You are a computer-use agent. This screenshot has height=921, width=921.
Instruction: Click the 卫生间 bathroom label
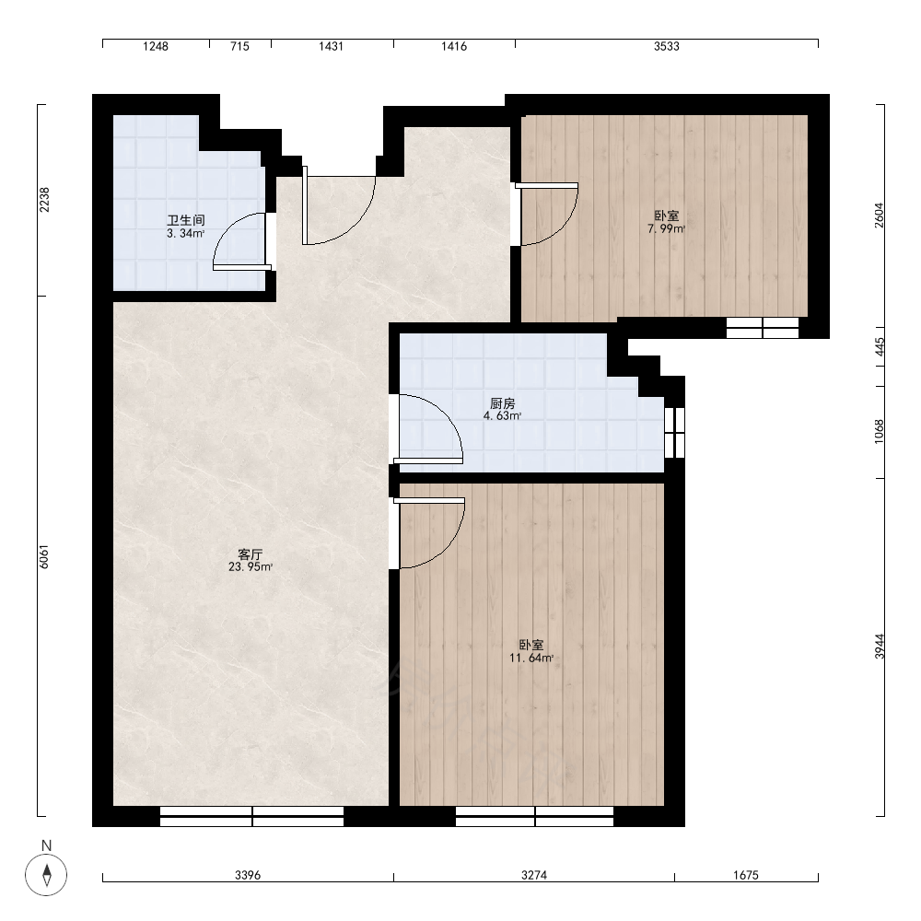186,221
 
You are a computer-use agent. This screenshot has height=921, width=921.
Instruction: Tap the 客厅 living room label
251,554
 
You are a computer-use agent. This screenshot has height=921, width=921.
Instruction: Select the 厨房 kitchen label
502,404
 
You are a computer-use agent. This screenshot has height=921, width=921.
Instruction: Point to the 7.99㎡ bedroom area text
666,229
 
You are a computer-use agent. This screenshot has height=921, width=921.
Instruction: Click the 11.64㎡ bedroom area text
531,658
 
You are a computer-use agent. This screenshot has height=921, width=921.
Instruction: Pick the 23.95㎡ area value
251,566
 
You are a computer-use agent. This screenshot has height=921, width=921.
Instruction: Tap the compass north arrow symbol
46,875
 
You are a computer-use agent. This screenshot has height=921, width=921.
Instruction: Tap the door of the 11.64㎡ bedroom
430,533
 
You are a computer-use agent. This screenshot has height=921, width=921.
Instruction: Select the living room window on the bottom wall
252,816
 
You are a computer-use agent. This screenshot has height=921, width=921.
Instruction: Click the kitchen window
675,432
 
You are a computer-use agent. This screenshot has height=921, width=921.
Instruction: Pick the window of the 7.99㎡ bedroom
763,328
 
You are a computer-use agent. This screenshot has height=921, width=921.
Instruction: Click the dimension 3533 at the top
667,46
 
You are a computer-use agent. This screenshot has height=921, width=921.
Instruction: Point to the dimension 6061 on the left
44,557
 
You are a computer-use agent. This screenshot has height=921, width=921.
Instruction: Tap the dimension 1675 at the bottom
746,875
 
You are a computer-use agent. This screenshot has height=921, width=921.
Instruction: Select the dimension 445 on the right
880,346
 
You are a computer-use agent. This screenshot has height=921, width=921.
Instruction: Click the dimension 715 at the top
239,46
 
